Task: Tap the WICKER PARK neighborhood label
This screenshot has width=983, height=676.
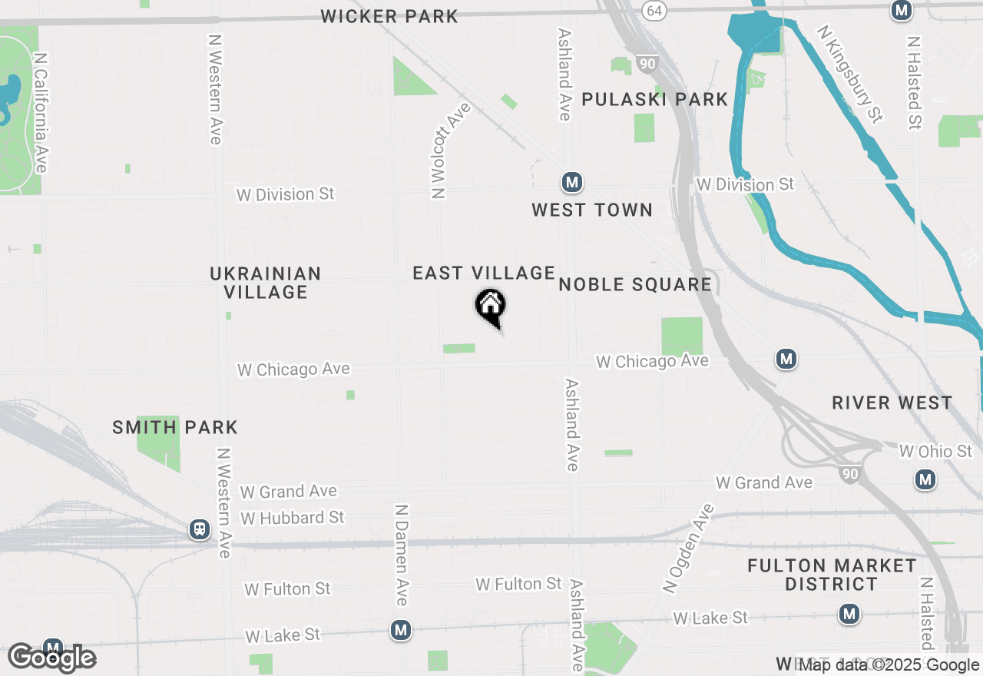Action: click(x=389, y=16)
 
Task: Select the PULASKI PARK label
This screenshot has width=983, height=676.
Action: click(x=654, y=99)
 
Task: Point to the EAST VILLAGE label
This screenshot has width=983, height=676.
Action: click(x=483, y=273)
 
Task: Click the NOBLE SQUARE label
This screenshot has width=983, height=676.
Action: click(x=635, y=284)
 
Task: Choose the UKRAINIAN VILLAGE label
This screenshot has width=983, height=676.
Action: click(x=265, y=283)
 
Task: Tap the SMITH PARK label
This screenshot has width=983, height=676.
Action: click(x=175, y=427)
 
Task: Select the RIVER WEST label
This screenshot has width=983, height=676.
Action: click(x=892, y=403)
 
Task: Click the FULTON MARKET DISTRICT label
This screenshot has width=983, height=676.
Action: click(x=832, y=575)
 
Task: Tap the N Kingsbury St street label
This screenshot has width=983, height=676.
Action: click(x=851, y=73)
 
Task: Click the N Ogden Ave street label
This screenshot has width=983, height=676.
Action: click(x=687, y=548)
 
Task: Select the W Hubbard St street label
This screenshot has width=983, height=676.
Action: click(x=293, y=518)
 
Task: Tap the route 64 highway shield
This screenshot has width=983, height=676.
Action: click(x=654, y=11)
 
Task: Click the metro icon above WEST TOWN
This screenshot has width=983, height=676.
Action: click(x=571, y=183)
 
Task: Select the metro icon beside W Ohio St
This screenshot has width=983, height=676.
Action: click(x=925, y=480)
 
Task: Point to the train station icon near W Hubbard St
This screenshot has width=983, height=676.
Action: click(x=200, y=529)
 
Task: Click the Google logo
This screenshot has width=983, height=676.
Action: click(x=52, y=658)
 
